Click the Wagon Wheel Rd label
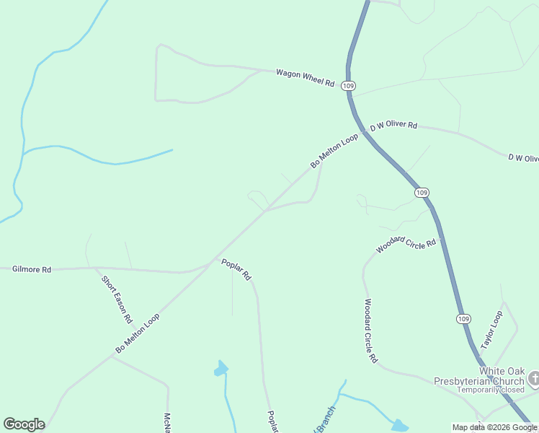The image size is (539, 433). tap(306, 78)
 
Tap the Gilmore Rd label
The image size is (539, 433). tap(32, 269)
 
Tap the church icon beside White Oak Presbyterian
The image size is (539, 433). tap(533, 377)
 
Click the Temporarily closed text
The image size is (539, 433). tap(490, 390)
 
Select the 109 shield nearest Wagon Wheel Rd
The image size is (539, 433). tap(349, 86)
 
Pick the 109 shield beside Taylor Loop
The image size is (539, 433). tap(463, 318)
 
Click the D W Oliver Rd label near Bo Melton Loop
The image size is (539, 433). tap(393, 126)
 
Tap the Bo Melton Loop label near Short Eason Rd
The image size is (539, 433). tap(137, 334)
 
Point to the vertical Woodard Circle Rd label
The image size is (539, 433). tap(370, 331)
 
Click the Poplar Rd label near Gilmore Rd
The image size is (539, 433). tap(236, 269)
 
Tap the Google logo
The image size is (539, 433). tap(24, 424)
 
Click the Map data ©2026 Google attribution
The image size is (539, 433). tap(494, 427)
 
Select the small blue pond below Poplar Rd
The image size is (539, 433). tap(220, 369)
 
